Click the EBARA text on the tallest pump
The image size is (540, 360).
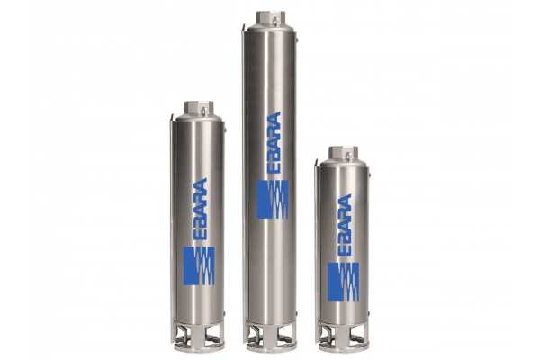coord(273,145)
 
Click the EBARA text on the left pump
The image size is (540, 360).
coord(199,211)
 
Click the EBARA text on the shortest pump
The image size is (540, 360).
coord(343,227)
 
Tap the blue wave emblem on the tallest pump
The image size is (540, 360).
coord(273,200)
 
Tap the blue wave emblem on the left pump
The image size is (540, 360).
coord(199,266)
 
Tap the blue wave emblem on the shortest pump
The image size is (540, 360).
coord(343,282)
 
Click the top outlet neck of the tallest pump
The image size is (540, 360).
coord(272,18)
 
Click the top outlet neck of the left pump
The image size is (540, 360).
coord(199,108)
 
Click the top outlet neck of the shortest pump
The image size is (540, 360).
coord(343,153)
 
